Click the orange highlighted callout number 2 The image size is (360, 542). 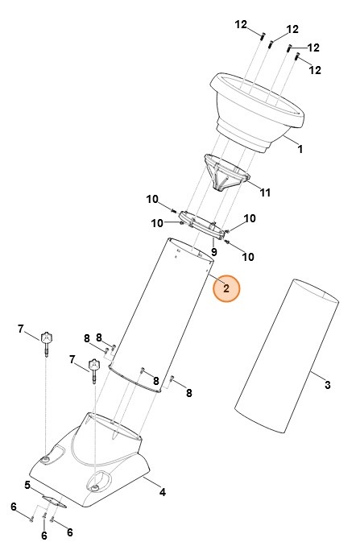(226, 288)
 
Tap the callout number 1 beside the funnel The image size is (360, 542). (300, 148)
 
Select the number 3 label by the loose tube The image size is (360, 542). (328, 384)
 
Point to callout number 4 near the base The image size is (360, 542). (162, 491)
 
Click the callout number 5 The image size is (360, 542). (27, 485)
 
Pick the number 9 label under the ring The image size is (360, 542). (214, 252)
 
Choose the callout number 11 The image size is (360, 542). (265, 192)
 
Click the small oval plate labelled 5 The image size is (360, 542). (53, 501)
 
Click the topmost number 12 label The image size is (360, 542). (241, 24)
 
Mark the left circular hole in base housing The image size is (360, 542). (45, 458)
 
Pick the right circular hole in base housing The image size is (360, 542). (96, 486)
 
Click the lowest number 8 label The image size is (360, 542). (189, 393)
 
